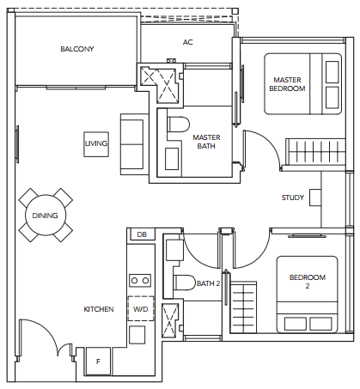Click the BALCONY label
[x=77, y=49]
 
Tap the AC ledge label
[x=187, y=42]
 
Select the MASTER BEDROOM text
[x=287, y=84]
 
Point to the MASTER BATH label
[x=206, y=142]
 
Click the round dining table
[x=46, y=216]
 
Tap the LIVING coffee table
[x=96, y=144]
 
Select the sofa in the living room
[x=134, y=144]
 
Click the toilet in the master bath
[x=179, y=125]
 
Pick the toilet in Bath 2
[x=185, y=283]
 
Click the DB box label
[x=142, y=234]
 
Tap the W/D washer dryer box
[x=141, y=308]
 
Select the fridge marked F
[x=98, y=362]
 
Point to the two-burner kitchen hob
[x=140, y=281]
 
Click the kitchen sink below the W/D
[x=137, y=335]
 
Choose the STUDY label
[x=293, y=198]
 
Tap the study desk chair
[x=315, y=198]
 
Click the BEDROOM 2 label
[x=308, y=282]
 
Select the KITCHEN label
[x=99, y=309]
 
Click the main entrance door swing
[x=46, y=329]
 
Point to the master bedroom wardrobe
[x=315, y=152]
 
